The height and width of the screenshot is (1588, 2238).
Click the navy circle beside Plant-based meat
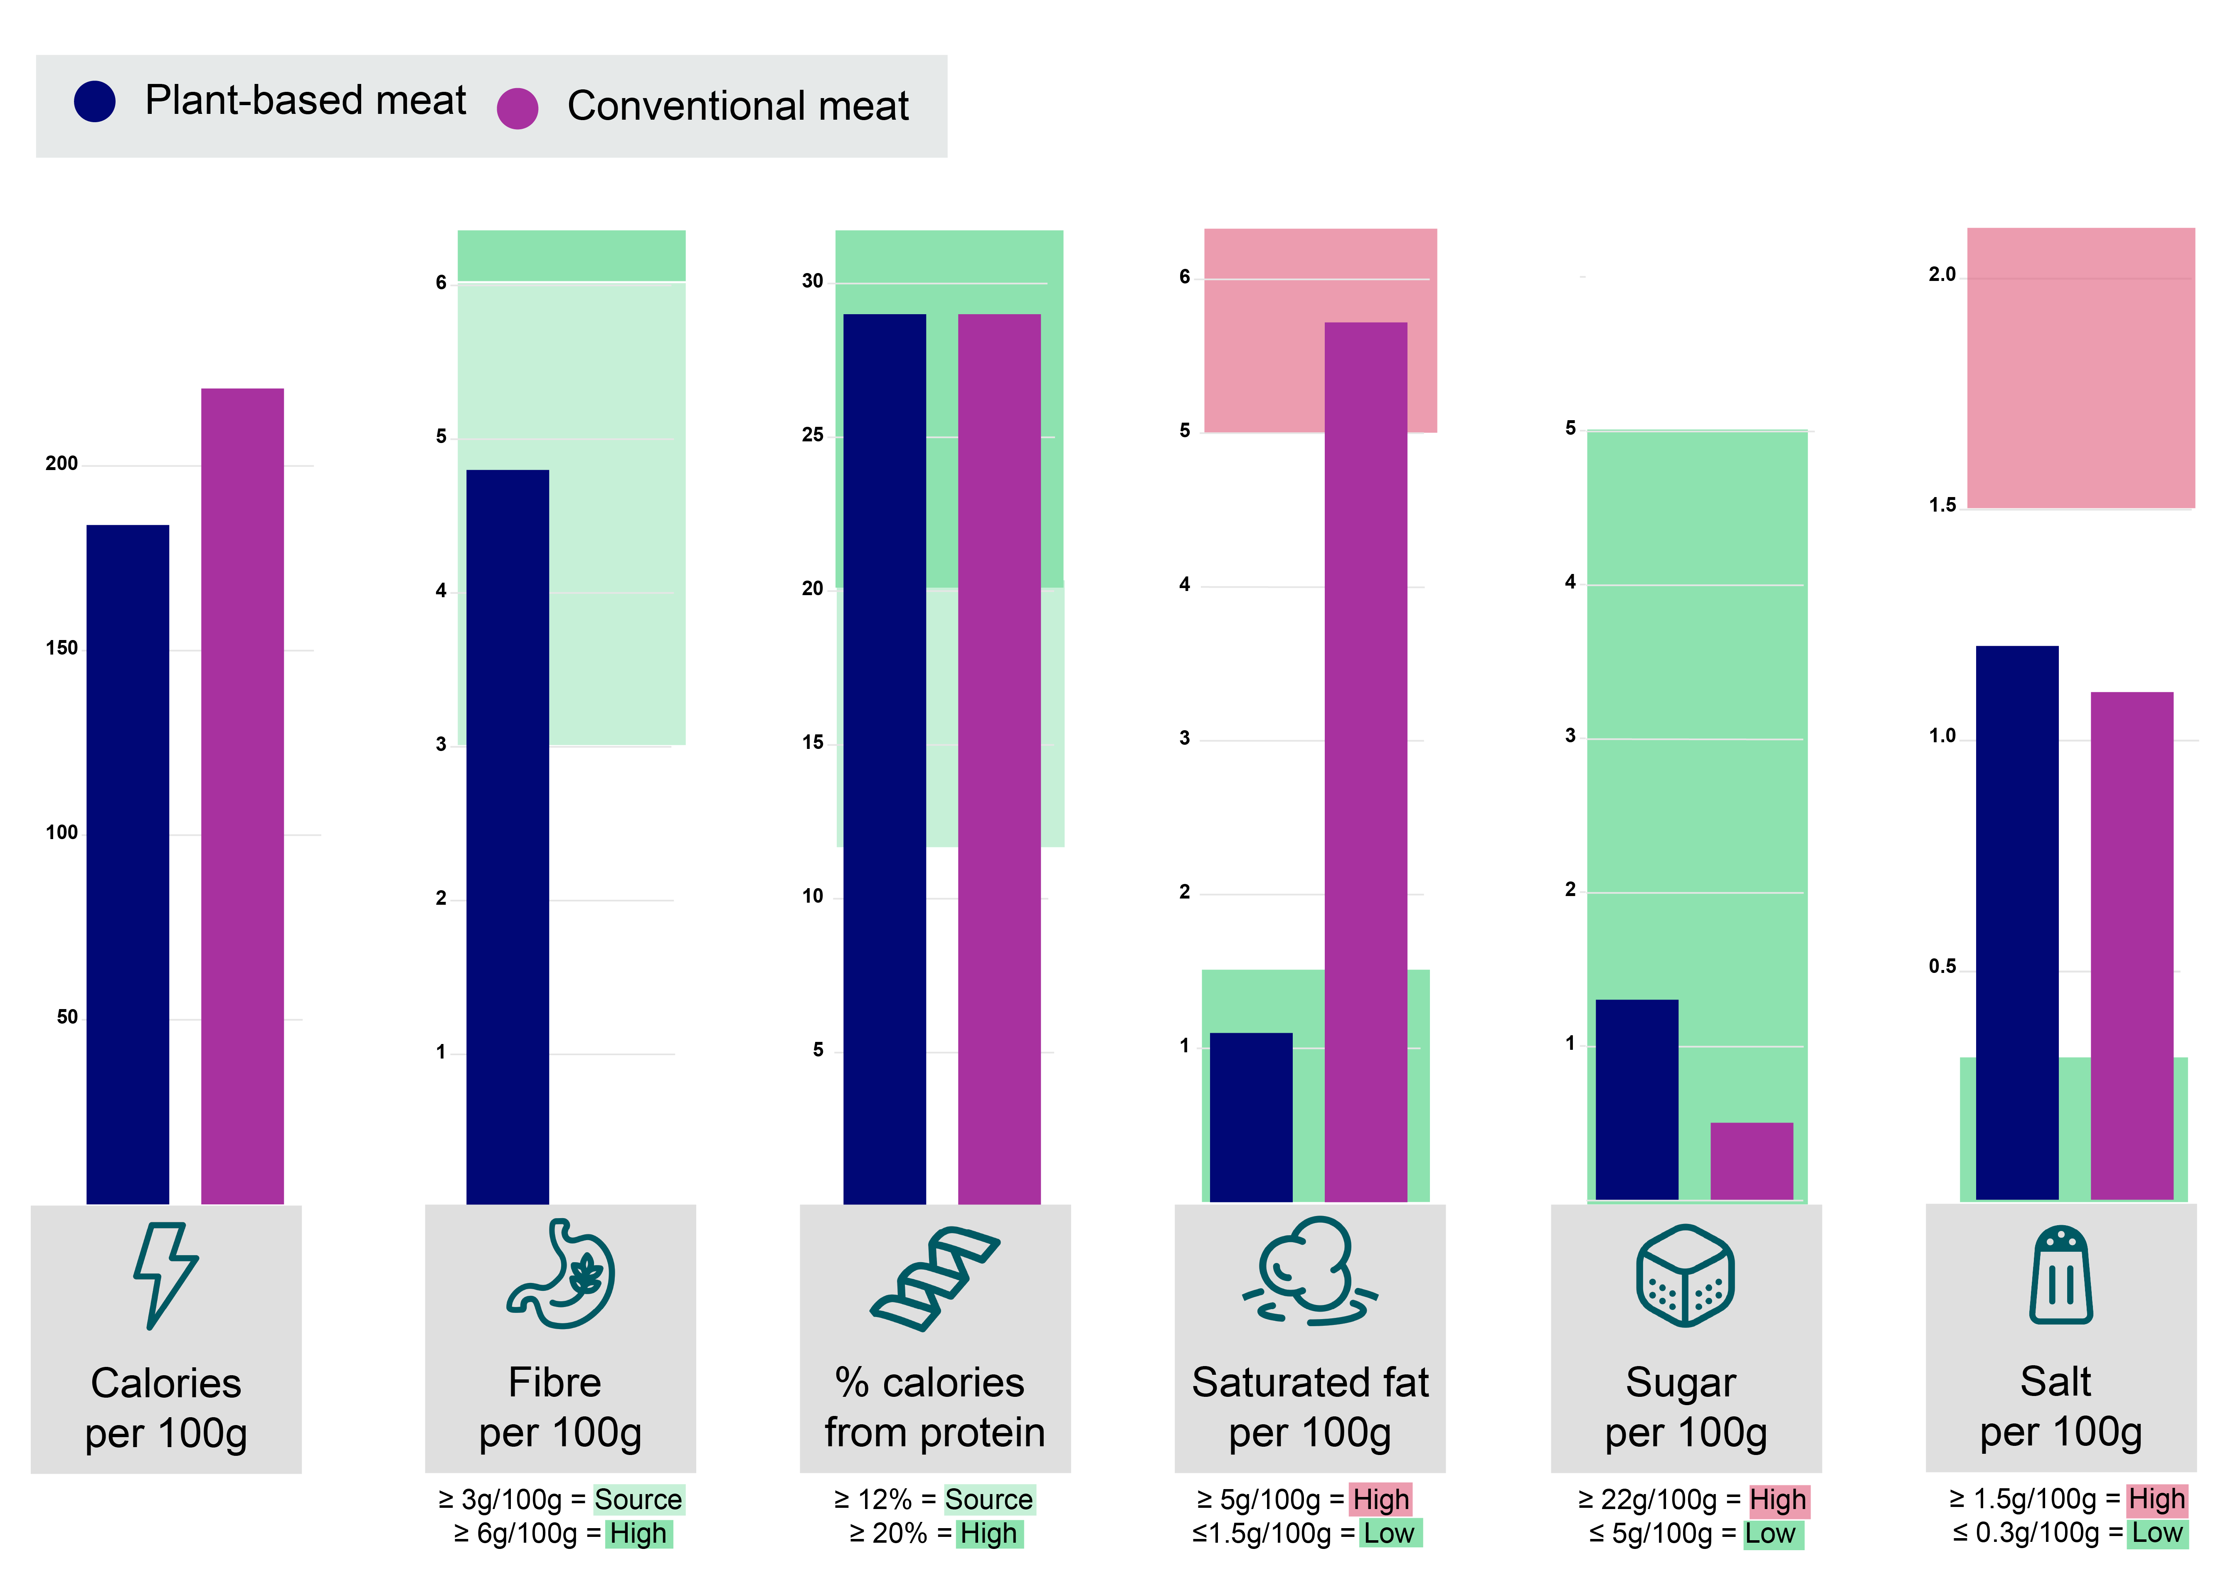95,101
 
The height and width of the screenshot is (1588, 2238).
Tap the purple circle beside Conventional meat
517,108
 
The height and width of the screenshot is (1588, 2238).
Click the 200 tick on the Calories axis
62,463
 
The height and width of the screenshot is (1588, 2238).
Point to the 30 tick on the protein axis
813,282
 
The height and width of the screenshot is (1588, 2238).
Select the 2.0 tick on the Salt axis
1942,275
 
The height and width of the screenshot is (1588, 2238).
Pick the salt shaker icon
2061,1274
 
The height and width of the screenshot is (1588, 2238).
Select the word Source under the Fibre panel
638,1499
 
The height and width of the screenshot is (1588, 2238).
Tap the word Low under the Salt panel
2157,1532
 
